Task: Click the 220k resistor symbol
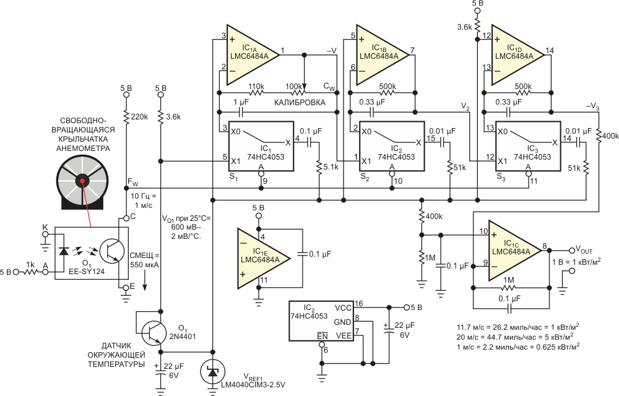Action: coord(126,117)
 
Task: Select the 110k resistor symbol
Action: coord(256,93)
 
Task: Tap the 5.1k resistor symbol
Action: coord(319,166)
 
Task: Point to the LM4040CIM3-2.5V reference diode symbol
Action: coord(213,371)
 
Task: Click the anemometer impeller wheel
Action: coord(82,181)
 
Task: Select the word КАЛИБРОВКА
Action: coord(300,103)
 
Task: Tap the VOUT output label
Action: coord(584,250)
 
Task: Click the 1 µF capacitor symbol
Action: coord(240,113)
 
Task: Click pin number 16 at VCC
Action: coord(358,304)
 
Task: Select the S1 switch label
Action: coord(233,178)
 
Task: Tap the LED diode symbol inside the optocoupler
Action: coord(63,251)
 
